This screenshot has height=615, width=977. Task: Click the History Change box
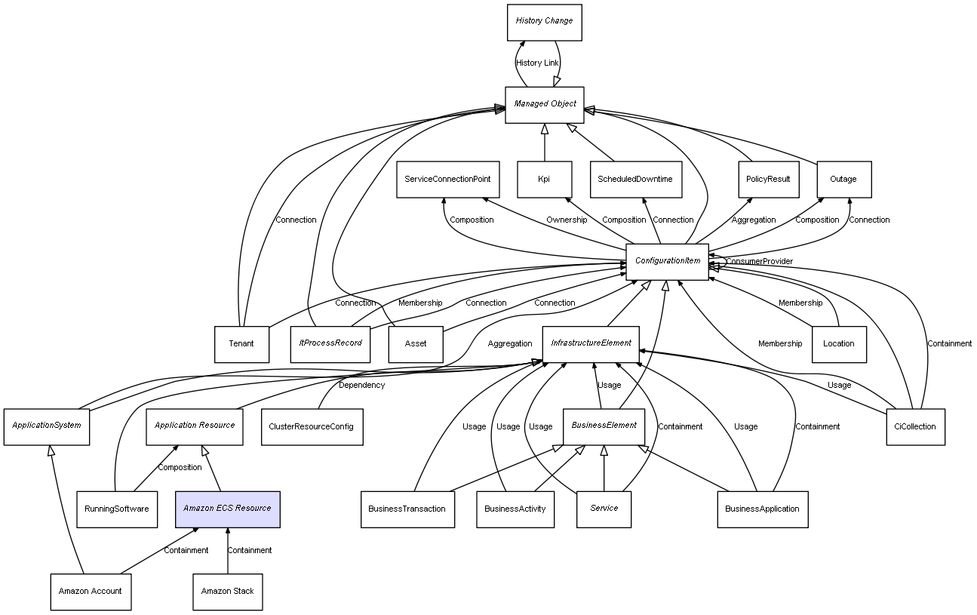coord(544,22)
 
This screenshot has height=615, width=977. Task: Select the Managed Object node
coord(545,104)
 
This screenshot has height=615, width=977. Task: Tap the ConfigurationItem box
coord(667,262)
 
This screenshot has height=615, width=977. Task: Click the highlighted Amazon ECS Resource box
coord(227,509)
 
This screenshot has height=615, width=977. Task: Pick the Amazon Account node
coord(91,592)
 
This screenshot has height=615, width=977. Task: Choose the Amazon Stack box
coord(227,592)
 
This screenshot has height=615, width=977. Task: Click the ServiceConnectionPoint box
coord(447,180)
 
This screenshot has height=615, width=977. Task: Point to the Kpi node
coord(544,180)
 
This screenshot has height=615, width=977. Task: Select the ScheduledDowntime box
coord(635,180)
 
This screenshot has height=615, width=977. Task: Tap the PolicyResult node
coord(768,180)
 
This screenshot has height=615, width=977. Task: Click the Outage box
coord(843,180)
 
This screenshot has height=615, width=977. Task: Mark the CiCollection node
coord(915,426)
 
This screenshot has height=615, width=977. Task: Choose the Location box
coord(839,344)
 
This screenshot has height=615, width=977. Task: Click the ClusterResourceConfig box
coord(312,426)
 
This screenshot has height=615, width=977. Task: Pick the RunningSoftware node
coord(117,509)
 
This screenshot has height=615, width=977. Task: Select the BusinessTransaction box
coord(407,509)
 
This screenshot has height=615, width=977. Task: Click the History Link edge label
coord(538,63)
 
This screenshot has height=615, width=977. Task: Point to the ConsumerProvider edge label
coord(760,262)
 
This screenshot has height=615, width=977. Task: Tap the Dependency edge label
coord(361,386)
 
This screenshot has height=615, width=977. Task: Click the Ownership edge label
coord(567,220)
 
